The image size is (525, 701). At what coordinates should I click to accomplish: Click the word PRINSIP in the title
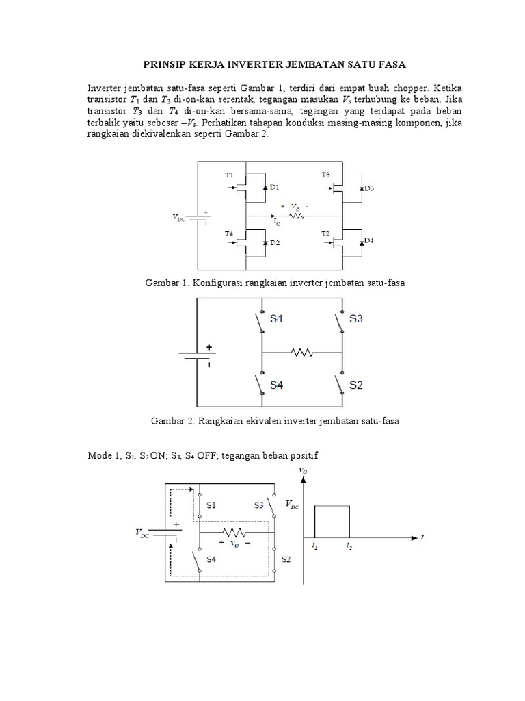tap(164, 64)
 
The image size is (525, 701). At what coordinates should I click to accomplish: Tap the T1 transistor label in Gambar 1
tap(230, 175)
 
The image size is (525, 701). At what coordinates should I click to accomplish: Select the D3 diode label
tap(369, 188)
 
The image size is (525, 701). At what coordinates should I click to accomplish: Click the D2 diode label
tap(275, 243)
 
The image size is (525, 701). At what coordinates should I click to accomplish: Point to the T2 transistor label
tap(326, 234)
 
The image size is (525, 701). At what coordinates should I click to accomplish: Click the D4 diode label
tap(369, 240)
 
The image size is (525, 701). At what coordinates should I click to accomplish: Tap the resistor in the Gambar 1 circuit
tap(297, 216)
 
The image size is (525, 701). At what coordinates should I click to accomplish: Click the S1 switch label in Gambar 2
tap(276, 319)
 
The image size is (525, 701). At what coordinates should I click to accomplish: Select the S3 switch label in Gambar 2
tap(356, 319)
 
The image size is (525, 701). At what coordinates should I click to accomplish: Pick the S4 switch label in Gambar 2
tap(276, 385)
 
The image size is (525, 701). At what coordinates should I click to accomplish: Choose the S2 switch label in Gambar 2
tap(356, 385)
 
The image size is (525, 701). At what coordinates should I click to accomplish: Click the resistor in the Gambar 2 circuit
tap(301, 353)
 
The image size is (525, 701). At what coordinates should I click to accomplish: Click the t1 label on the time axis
tap(314, 546)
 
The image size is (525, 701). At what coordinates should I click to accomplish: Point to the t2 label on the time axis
tap(349, 546)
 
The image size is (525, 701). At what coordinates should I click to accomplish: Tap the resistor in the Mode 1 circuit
tap(234, 531)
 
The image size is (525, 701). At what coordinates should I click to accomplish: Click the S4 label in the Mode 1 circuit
tap(211, 559)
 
